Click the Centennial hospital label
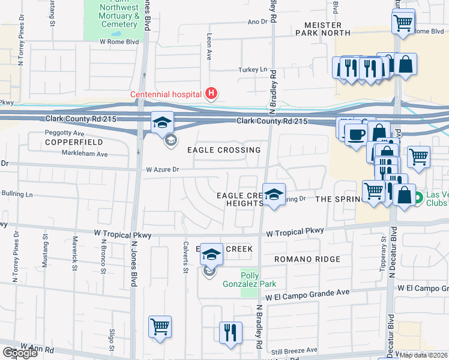tap(167, 94)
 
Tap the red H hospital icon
tap(211, 93)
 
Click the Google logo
tap(20, 353)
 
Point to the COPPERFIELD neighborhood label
tap(74, 143)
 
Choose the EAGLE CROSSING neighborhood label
tap(224, 150)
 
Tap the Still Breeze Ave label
tap(294, 350)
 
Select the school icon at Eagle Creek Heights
tap(274, 194)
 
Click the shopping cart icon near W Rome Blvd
tap(403, 23)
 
